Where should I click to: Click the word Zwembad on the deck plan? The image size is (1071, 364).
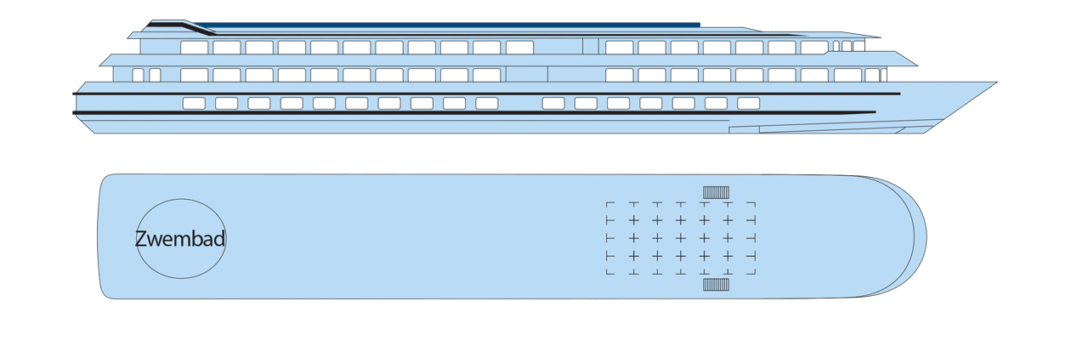tap(180, 239)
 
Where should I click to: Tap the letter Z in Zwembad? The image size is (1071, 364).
tap(141, 239)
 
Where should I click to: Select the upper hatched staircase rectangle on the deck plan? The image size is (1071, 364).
tap(717, 192)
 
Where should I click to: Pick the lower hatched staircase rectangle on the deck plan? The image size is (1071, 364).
tap(717, 285)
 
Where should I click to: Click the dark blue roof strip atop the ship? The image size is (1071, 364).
tap(450, 24)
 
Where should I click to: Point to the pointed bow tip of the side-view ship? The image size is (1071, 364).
tap(996, 82)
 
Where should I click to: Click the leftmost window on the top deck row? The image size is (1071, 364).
tap(194, 48)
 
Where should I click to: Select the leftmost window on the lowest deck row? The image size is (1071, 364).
tap(194, 103)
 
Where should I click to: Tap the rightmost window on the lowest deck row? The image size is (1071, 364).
tap(748, 103)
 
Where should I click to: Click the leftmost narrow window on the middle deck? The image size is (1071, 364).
tap(138, 75)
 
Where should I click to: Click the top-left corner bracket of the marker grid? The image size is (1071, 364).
tap(609, 205)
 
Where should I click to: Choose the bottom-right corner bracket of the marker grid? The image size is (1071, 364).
tap(752, 271)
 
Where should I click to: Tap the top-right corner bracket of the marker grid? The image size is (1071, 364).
tap(752, 205)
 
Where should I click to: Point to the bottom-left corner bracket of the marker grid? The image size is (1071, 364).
tap(609, 271)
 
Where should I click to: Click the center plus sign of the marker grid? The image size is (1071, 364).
tap(680, 238)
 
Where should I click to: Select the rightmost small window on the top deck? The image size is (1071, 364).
tap(858, 46)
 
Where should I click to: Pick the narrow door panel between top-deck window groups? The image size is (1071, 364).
tap(591, 47)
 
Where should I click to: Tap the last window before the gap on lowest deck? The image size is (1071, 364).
tap(487, 103)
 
